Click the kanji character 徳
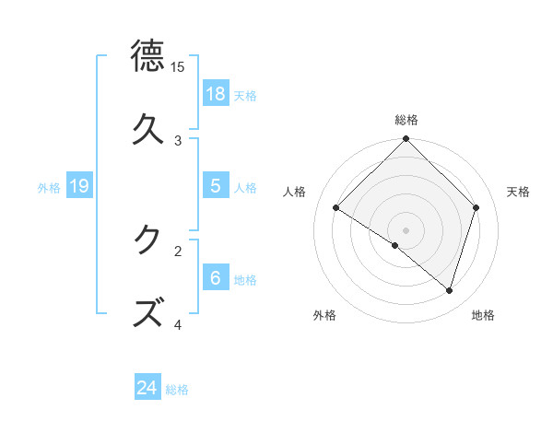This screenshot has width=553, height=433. pyautogui.click(x=148, y=56)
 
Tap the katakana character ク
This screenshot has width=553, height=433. pyautogui.click(x=148, y=240)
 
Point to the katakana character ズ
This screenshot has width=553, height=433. pyautogui.click(x=148, y=312)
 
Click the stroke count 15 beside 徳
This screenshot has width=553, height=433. pyautogui.click(x=178, y=67)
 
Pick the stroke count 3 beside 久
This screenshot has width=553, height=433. pyautogui.click(x=178, y=140)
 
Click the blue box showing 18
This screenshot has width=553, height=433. pyautogui.click(x=215, y=93)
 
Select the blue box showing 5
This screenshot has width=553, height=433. pyautogui.click(x=215, y=185)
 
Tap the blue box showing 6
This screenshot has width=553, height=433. pyautogui.click(x=215, y=277)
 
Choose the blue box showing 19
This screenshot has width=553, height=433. pyautogui.click(x=79, y=186)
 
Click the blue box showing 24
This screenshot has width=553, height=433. pyautogui.click(x=147, y=388)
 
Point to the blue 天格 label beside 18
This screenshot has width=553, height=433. pyautogui.click(x=245, y=95)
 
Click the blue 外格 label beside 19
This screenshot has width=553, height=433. pyautogui.click(x=49, y=187)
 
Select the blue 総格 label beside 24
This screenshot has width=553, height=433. pyautogui.click(x=177, y=390)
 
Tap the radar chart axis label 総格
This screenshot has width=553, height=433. pyautogui.click(x=406, y=120)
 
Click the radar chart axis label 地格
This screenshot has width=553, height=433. pyautogui.click(x=483, y=315)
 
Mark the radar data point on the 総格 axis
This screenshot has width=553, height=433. pyautogui.click(x=406, y=140)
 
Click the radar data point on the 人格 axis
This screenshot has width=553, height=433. pyautogui.click(x=336, y=208)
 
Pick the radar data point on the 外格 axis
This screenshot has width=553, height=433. pyautogui.click(x=395, y=245)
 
